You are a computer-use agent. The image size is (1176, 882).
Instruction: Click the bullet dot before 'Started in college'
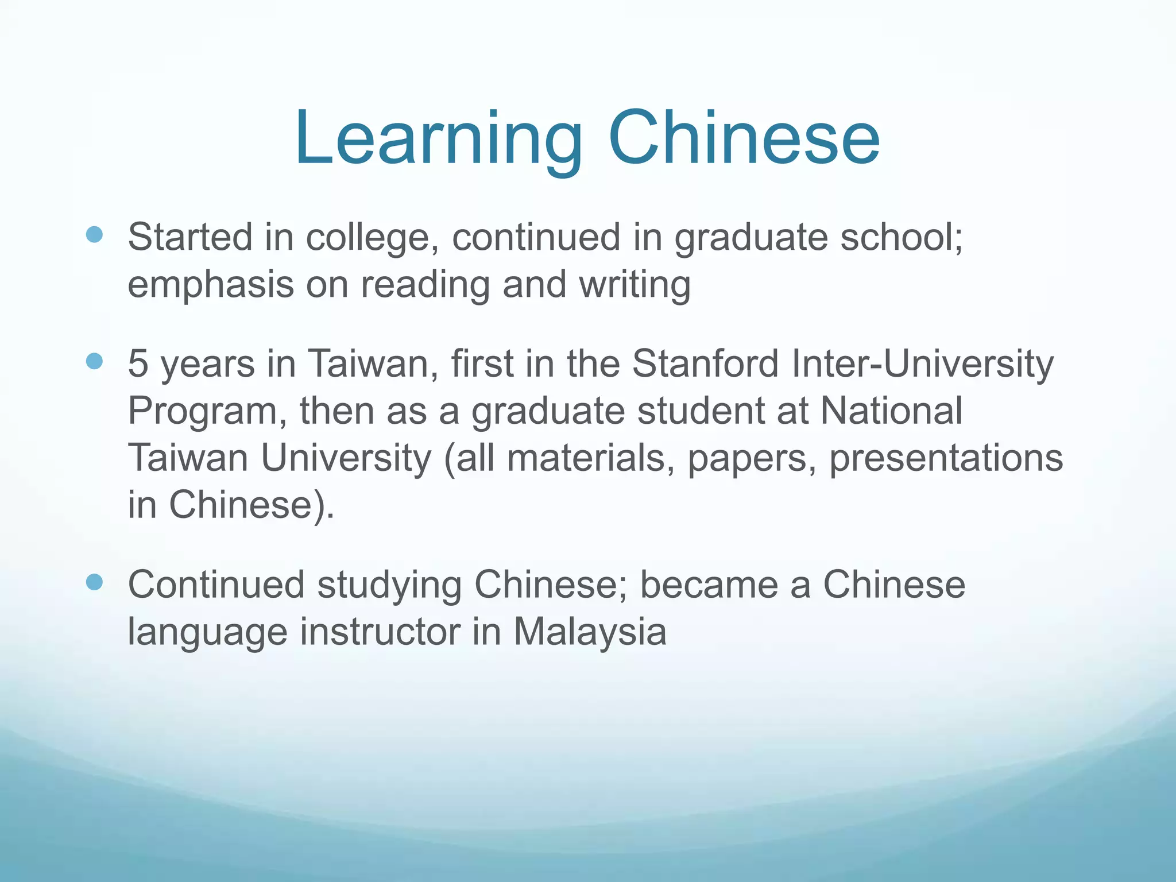pos(94,234)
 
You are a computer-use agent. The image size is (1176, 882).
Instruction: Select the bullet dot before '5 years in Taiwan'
pos(94,361)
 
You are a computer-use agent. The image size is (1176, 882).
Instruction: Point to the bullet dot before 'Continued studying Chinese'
pos(94,582)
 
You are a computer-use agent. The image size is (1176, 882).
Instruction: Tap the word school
pos(901,237)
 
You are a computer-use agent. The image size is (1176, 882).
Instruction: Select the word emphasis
pos(210,285)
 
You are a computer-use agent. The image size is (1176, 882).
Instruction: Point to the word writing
pos(635,285)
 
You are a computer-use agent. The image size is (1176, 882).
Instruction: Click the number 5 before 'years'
pos(138,363)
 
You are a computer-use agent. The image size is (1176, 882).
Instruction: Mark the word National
pos(891,411)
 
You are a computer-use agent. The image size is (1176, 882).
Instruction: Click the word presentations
pos(946,459)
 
